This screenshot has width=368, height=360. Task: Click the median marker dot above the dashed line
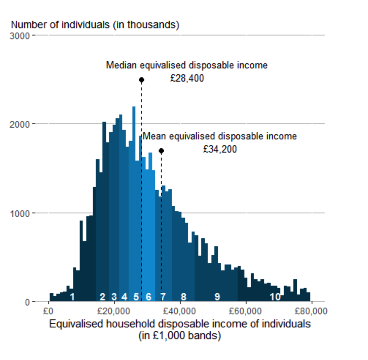142,80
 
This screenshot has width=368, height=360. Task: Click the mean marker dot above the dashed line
161,151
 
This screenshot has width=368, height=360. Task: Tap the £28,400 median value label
187,78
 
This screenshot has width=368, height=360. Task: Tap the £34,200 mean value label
220,149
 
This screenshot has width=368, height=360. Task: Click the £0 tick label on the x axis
48,312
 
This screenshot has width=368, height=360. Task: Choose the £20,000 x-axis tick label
114,312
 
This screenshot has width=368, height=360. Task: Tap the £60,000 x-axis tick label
246,312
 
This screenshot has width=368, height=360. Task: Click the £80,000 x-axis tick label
311,312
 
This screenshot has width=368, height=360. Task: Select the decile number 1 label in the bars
72,297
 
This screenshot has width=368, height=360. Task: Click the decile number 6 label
148,297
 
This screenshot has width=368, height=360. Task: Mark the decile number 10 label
275,297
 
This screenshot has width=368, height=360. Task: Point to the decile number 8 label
184,297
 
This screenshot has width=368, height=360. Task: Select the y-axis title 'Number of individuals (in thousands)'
95,25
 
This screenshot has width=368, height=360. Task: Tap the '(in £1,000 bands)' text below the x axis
180,336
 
